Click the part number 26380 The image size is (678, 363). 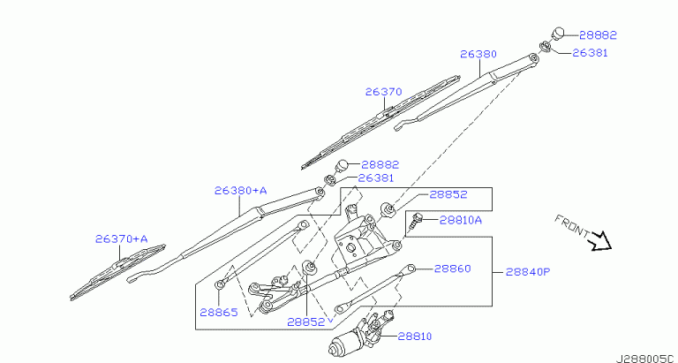[478, 54]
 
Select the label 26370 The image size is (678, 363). [384, 91]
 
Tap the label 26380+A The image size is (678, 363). [240, 190]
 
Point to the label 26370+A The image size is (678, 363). [122, 238]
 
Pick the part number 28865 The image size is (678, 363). [218, 312]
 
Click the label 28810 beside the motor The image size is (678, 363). [416, 336]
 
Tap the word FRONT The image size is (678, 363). [572, 227]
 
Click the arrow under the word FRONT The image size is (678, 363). [600, 240]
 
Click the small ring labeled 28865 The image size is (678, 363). [218, 284]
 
